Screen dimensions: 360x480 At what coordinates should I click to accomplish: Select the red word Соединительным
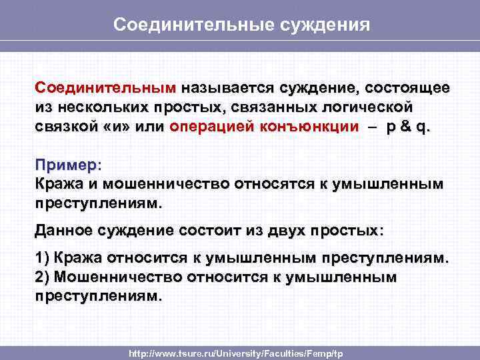coord(106,88)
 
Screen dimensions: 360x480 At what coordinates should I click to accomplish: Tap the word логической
coord(372,108)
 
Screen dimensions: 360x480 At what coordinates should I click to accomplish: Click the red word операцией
coord(213,127)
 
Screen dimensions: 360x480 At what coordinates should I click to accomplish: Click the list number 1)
coord(43,258)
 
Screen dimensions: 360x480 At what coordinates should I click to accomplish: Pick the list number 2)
coord(43,277)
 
